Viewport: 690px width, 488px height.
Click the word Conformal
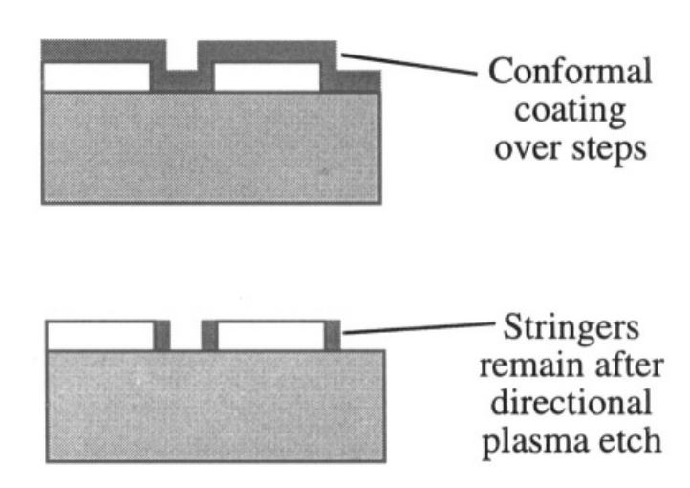[570, 71]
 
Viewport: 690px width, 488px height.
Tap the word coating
[570, 111]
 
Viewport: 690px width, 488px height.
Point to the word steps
[609, 149]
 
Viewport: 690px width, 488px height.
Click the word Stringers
[571, 328]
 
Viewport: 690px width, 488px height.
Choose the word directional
[571, 402]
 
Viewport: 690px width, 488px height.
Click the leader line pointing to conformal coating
[409, 64]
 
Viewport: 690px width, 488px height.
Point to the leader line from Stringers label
[419, 327]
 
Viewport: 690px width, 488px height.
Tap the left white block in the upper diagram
[97, 78]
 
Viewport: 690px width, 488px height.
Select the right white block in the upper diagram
[267, 78]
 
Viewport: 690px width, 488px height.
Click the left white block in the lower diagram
[100, 336]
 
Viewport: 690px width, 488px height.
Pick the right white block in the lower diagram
[270, 336]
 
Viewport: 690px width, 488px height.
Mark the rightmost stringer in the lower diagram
[333, 336]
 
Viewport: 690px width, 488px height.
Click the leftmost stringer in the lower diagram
[162, 336]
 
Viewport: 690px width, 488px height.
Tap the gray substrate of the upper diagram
[211, 147]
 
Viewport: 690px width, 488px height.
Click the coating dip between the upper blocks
[182, 80]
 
